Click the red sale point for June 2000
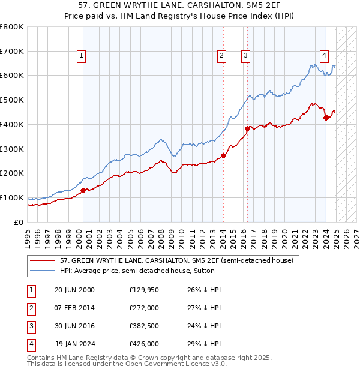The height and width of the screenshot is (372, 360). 83,190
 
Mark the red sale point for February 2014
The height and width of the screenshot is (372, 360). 223,155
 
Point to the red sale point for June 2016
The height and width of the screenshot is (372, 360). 247,128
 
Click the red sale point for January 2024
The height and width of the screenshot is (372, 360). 326,118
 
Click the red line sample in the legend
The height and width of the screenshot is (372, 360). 43,261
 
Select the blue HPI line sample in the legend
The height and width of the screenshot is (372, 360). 43,271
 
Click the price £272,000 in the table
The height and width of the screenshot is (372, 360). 144,308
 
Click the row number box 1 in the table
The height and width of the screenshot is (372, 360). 31,290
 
